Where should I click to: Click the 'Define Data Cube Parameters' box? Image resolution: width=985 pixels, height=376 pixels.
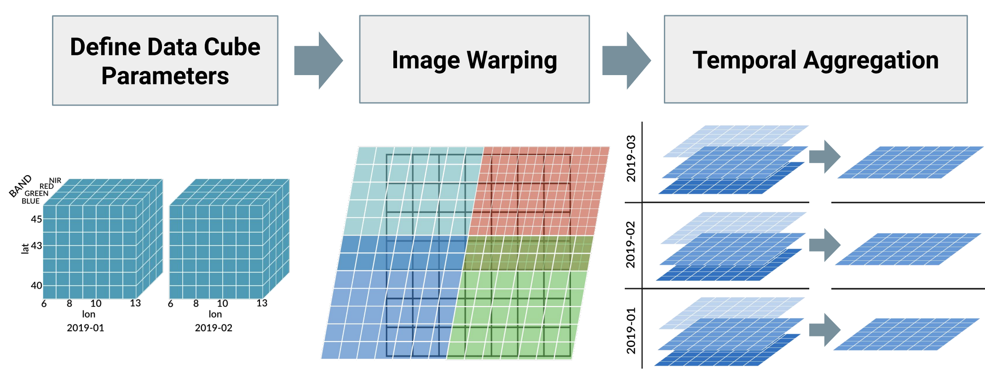(165, 60)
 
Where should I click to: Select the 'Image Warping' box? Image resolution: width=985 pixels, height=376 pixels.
(474, 59)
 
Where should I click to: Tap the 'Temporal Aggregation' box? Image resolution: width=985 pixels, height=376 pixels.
(815, 59)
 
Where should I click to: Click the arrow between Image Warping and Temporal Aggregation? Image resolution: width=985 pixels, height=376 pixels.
(627, 60)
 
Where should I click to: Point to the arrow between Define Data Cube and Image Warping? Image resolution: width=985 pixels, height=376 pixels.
(318, 60)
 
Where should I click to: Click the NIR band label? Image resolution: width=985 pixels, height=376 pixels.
(55, 180)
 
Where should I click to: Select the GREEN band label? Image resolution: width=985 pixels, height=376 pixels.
(36, 194)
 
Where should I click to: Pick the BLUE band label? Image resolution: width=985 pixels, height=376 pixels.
(30, 201)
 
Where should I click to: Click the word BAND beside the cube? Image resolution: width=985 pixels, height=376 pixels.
(20, 186)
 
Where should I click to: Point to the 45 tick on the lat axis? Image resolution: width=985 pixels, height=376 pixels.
(36, 219)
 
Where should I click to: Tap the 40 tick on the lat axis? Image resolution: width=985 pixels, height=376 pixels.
(36, 285)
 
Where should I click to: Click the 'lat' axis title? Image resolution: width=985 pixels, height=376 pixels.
(25, 249)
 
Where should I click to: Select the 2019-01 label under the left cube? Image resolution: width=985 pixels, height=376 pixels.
(86, 328)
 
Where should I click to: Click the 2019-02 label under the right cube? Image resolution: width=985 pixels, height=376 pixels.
(213, 328)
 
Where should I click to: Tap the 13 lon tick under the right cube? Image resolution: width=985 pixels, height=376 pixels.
(262, 303)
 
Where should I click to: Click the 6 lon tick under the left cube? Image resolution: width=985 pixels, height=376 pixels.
(44, 304)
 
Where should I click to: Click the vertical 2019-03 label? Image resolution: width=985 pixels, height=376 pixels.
(631, 159)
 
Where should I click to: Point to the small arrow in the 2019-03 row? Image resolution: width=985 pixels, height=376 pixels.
(825, 157)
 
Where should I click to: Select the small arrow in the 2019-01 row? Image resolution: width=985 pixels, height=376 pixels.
(825, 330)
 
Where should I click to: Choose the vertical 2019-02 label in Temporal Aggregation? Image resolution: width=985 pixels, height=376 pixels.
(630, 245)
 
